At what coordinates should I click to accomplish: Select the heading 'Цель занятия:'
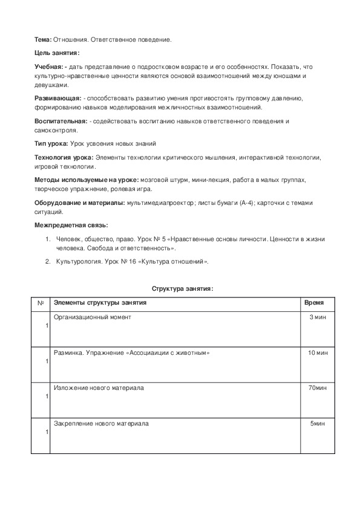[x=57, y=53]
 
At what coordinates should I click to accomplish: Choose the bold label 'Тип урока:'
[x=51, y=144]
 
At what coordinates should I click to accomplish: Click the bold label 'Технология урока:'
[x=63, y=157]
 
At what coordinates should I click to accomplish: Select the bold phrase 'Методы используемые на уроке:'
[x=87, y=180]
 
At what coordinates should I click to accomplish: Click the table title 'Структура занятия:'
[x=182, y=289]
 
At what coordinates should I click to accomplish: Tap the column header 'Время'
[x=313, y=302]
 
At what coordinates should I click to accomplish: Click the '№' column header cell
[x=40, y=302]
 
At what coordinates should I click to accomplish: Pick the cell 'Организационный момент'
[x=93, y=317]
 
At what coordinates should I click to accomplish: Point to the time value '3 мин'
[x=318, y=317]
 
